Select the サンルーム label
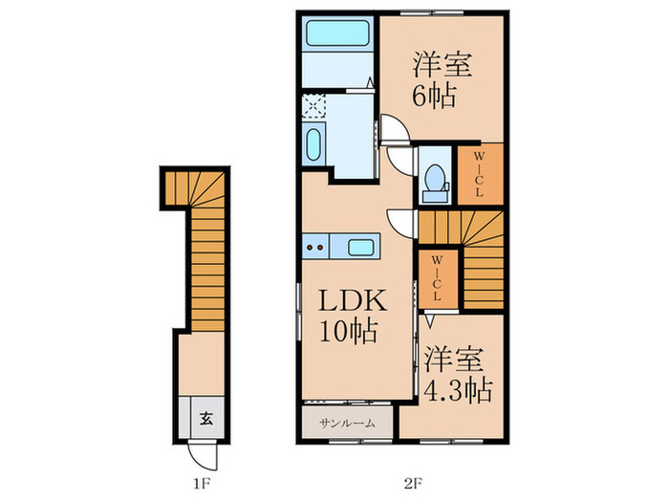347,424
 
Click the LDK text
352,300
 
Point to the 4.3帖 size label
458,389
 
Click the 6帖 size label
434,96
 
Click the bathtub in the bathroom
337,33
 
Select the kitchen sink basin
360,247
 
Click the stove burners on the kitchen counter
315,247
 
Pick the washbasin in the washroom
313,144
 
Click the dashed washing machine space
313,106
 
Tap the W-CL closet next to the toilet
480,174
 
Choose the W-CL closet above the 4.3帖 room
438,278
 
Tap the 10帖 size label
349,332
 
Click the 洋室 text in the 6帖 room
442,64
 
